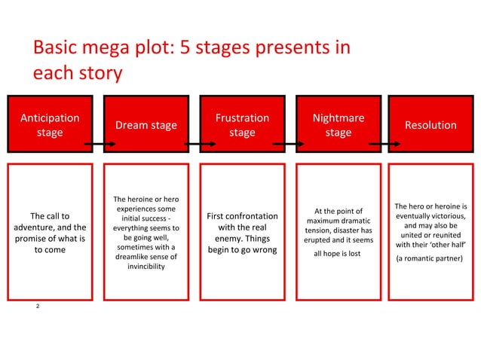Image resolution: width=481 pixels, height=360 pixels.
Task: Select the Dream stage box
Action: [x=146, y=125]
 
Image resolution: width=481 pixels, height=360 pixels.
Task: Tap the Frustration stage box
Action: [x=242, y=125]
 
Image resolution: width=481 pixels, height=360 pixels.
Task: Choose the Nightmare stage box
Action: [x=339, y=125]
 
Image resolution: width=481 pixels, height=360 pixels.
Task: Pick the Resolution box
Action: [x=430, y=125]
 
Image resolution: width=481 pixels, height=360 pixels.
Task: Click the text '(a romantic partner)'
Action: [x=430, y=258]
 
